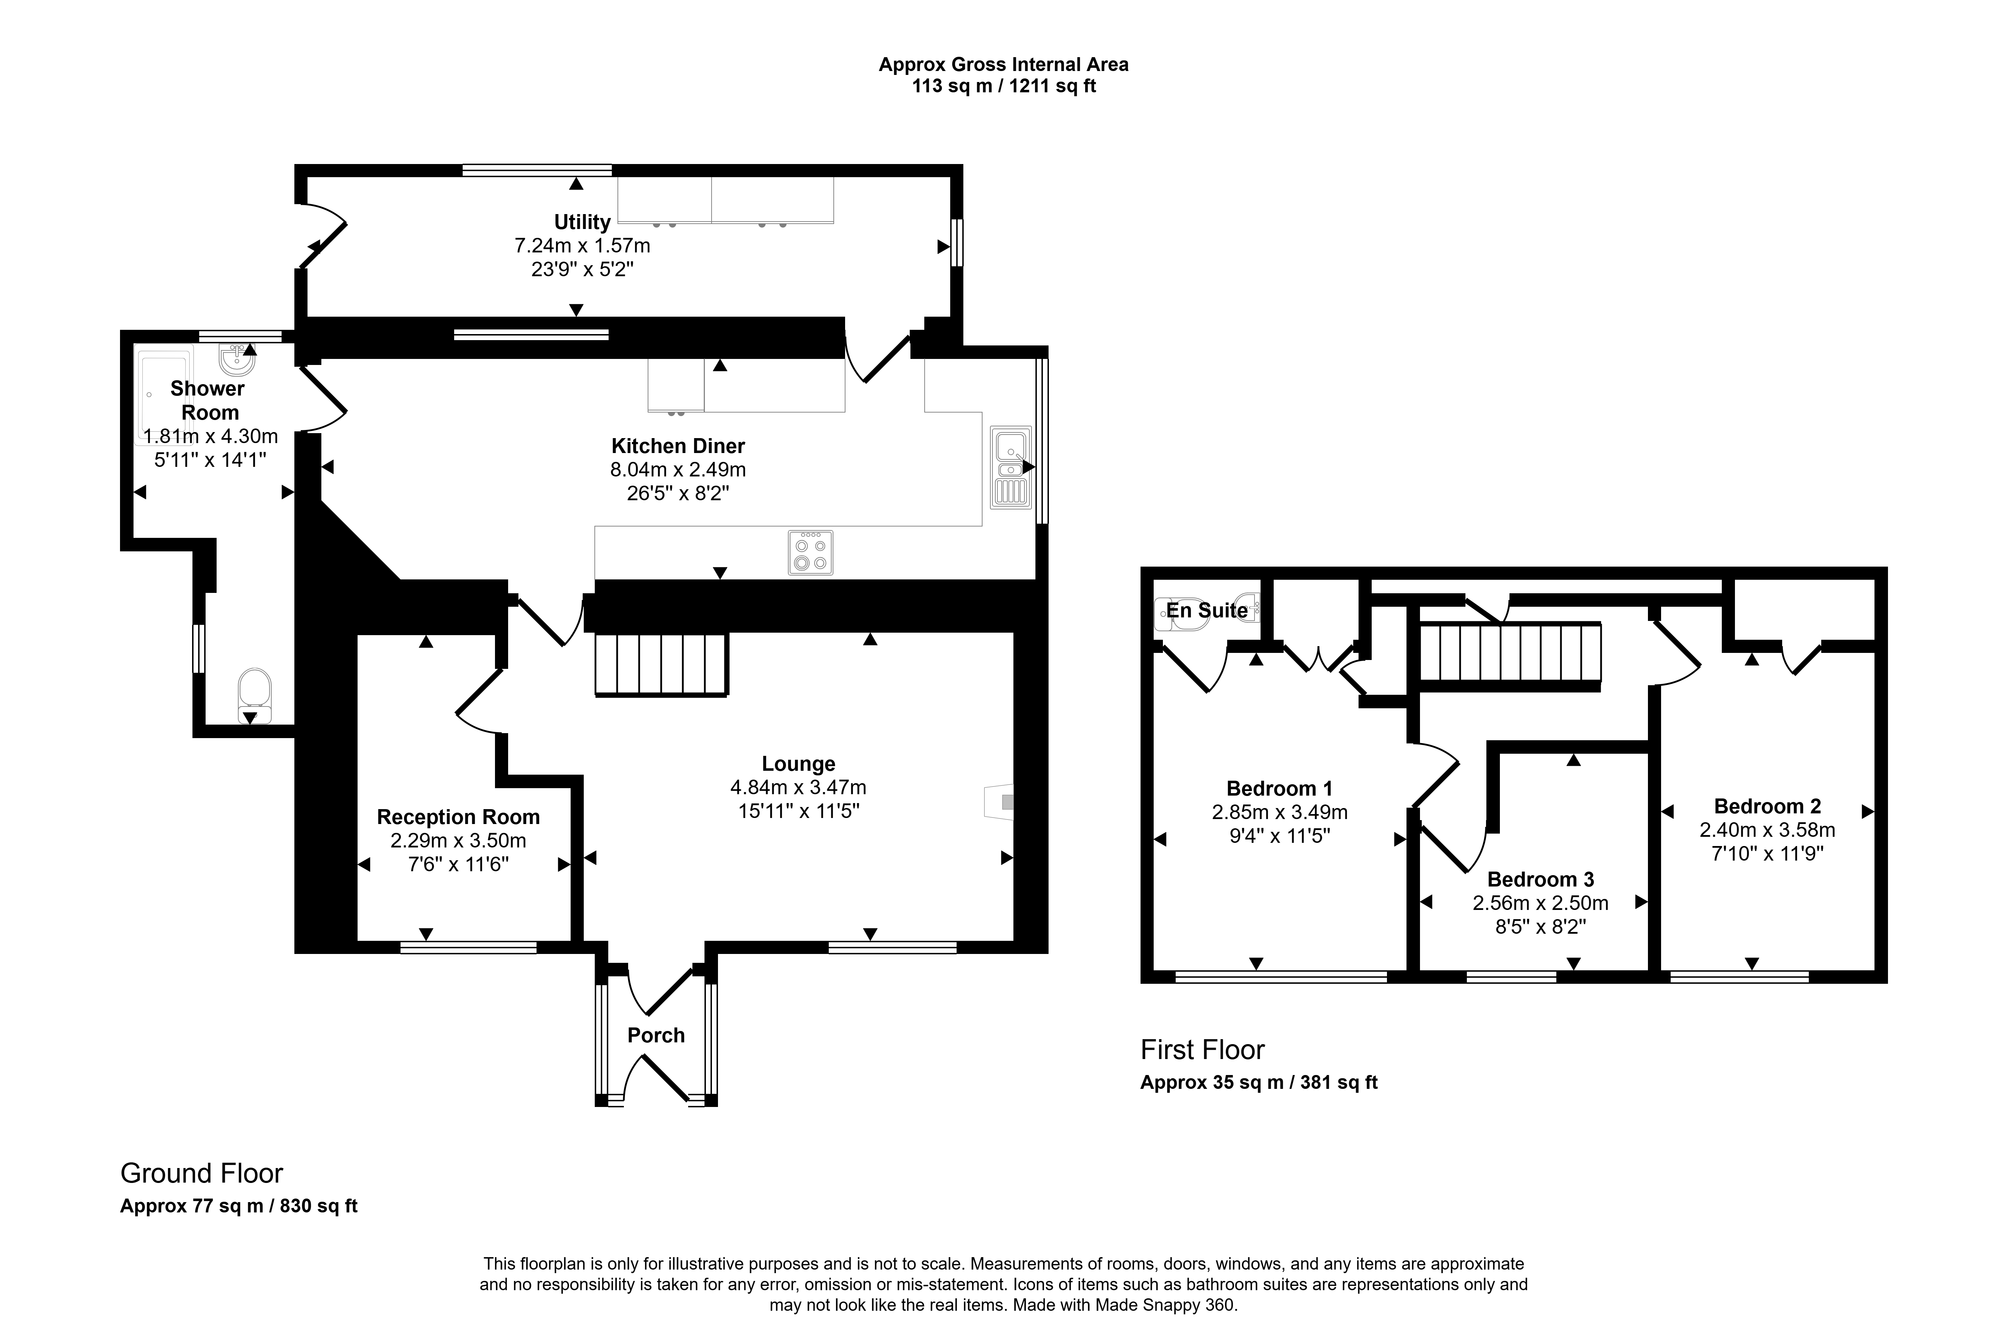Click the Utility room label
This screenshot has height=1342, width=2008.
tap(582, 223)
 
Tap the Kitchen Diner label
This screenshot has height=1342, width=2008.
tap(678, 446)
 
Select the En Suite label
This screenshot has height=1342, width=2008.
tap(1207, 610)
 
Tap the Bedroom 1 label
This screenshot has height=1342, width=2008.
tap(1279, 788)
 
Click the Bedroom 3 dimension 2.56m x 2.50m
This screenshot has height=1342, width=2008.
tap(1540, 903)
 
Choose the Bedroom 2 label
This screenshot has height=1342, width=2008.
tap(1767, 806)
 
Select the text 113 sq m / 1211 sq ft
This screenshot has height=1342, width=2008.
tap(1003, 86)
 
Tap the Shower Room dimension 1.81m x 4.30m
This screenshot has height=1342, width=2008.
tap(210, 436)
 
